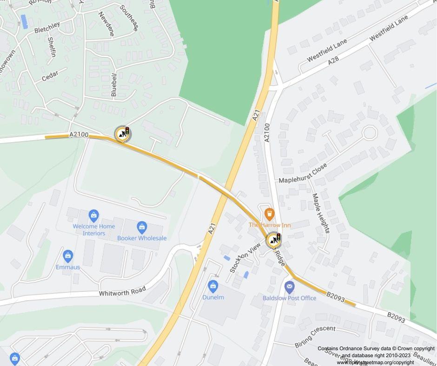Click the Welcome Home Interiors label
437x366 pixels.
[x=94, y=229]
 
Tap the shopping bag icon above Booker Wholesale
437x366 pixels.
[x=142, y=228]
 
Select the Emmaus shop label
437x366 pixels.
[x=68, y=267]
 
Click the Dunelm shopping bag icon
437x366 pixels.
[x=213, y=286]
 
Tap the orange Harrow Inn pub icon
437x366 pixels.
[x=269, y=214]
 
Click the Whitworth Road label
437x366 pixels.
[x=122, y=292]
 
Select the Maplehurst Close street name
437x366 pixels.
[x=303, y=173]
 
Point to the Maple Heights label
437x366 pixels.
[x=321, y=213]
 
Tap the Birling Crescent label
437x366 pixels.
[x=315, y=337]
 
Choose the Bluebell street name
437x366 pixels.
[x=114, y=84]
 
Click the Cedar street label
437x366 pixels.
[x=50, y=76]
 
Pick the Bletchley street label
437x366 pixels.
[x=46, y=27]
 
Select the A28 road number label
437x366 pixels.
[x=333, y=61]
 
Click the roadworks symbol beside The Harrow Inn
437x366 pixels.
[x=274, y=240]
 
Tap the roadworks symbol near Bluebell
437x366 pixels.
[x=123, y=134]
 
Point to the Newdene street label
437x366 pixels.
[x=106, y=24]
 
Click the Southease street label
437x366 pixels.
[x=129, y=18]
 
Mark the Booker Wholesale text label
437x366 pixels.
[x=142, y=238]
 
